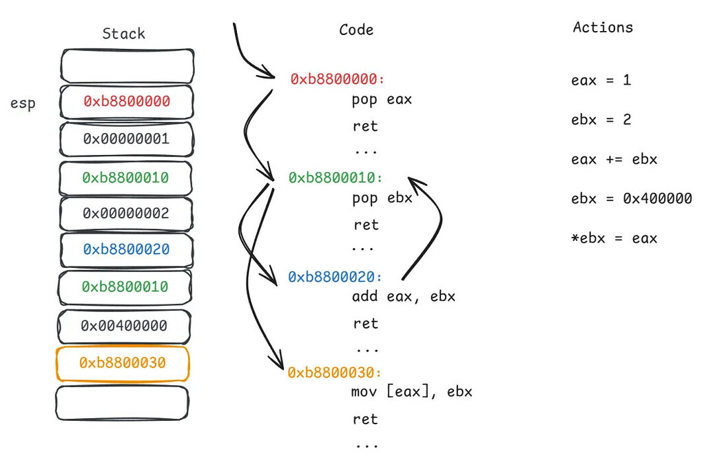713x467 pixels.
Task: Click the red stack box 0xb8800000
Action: [x=127, y=101]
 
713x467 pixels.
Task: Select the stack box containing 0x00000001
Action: [x=126, y=139]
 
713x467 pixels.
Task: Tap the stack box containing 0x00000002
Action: [x=126, y=214]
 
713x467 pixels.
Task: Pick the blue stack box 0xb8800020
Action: [x=126, y=249]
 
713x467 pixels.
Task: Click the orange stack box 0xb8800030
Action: [x=122, y=363]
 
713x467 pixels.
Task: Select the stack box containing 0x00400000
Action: [x=124, y=325]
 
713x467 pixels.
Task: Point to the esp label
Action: [x=23, y=104]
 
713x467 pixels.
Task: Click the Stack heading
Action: [x=123, y=34]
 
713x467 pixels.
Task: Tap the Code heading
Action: [x=356, y=30]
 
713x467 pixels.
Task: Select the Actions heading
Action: [x=602, y=28]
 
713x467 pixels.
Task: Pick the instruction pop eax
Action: [x=381, y=99]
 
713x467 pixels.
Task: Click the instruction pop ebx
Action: [x=381, y=198]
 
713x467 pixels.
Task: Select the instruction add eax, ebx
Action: [x=403, y=297]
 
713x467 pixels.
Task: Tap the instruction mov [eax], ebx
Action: [x=411, y=392]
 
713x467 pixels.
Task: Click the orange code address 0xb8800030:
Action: [x=334, y=373]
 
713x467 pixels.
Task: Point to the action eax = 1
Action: [x=601, y=80]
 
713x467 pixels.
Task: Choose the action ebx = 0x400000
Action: [x=631, y=199]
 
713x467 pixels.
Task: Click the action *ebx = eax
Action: [x=614, y=238]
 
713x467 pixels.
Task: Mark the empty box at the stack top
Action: [x=127, y=65]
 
